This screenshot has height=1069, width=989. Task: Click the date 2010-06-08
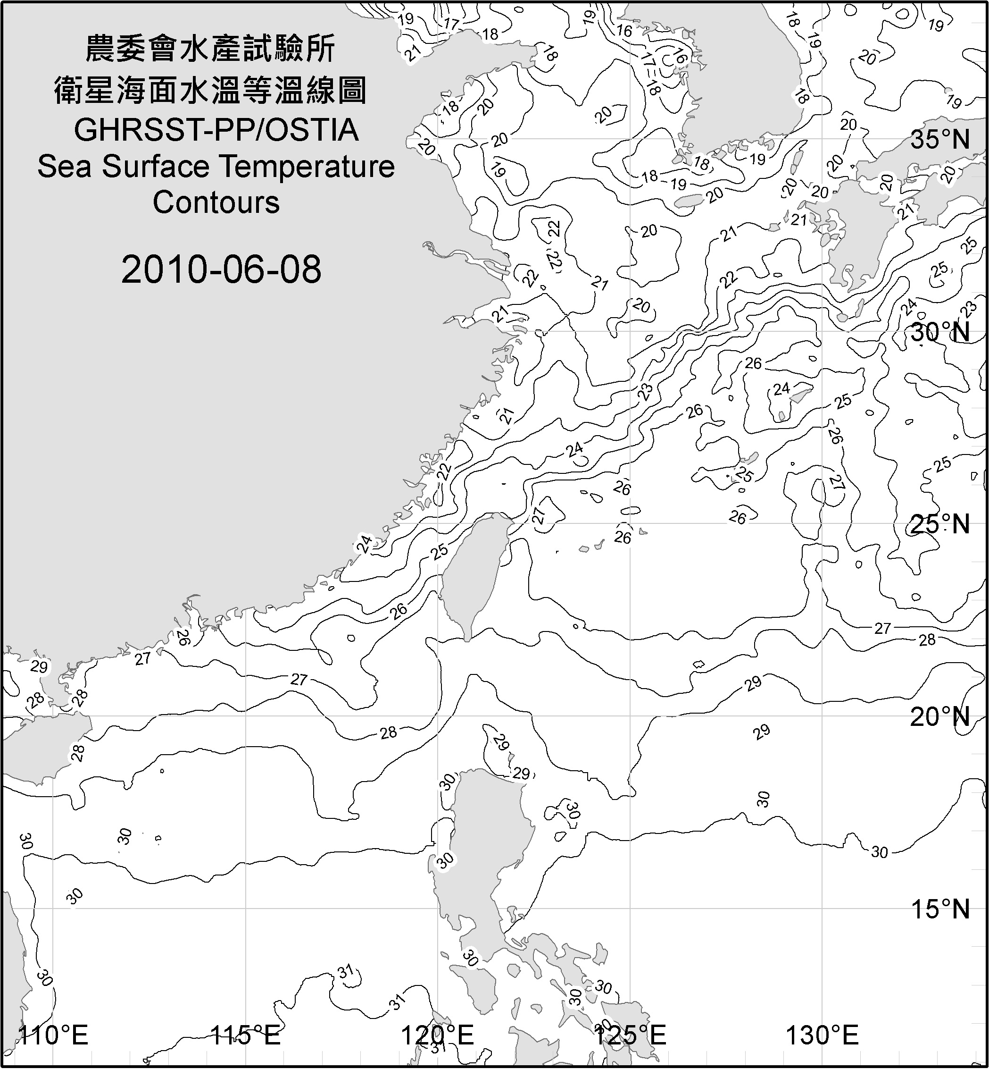(221, 269)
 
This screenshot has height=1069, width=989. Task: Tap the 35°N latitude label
(940, 140)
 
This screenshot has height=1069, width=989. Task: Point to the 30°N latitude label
(940, 333)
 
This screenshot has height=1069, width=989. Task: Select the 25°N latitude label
(940, 524)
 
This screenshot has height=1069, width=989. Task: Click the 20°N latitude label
(940, 717)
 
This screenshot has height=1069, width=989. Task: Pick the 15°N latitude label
(940, 909)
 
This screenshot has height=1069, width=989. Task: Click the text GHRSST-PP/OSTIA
(216, 130)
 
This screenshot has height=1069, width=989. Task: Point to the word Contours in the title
(216, 202)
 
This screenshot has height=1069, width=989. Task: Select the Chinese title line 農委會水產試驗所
(210, 49)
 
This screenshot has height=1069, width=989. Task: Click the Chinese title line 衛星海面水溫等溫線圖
(210, 90)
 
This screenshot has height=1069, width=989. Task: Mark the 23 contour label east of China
(645, 392)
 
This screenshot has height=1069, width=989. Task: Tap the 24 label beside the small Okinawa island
(781, 389)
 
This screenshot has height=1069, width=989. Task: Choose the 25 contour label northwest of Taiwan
(440, 552)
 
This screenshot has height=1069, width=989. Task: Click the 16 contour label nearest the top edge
(624, 31)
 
